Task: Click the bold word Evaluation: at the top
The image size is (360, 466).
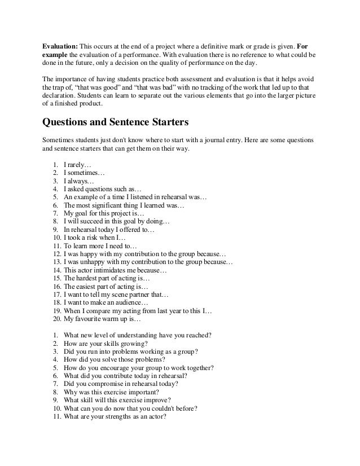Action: point(61,45)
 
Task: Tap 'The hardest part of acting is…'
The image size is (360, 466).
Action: point(107,279)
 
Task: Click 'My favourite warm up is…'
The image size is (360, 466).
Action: point(104,319)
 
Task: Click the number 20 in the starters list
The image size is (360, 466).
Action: point(55,319)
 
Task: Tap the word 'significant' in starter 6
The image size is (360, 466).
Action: point(107,206)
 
